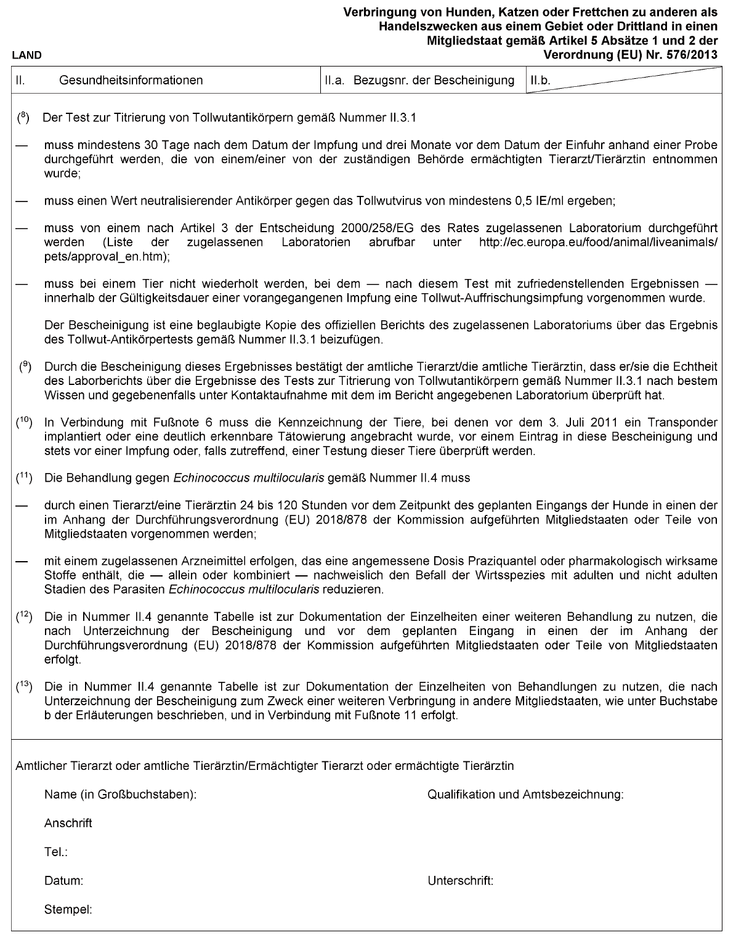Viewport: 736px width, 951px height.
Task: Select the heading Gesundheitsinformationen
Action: [131, 80]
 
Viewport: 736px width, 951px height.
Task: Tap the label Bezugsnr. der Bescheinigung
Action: [434, 80]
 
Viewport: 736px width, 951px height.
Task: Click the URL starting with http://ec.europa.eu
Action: [597, 242]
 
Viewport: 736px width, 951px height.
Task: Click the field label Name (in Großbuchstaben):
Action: [120, 795]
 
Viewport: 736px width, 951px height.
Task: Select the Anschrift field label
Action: [68, 824]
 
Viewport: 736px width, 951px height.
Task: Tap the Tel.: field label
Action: [55, 852]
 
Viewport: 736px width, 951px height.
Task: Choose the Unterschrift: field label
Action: [460, 881]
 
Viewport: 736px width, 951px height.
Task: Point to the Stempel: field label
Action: [68, 909]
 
